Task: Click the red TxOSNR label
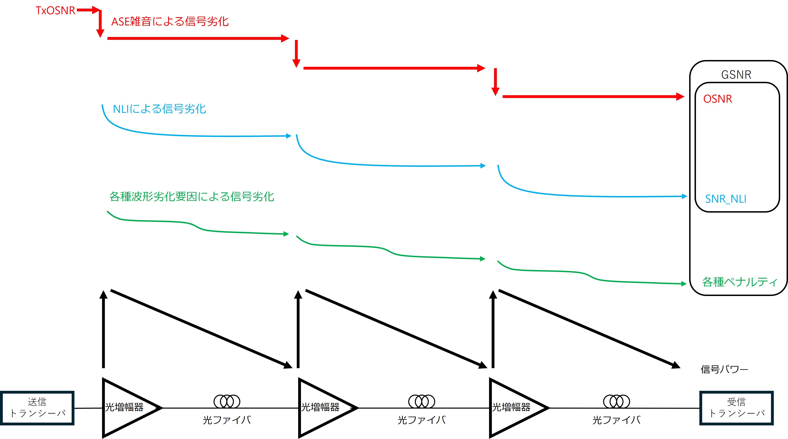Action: [x=55, y=10]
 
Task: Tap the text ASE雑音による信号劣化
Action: [x=170, y=21]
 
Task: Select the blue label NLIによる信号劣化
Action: [x=159, y=109]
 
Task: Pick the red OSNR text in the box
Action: [x=718, y=99]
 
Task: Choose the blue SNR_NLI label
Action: [x=726, y=199]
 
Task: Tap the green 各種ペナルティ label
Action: [x=739, y=282]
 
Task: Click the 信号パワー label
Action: [x=724, y=369]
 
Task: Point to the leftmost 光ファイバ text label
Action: [x=227, y=420]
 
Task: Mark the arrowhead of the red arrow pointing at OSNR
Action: [x=680, y=97]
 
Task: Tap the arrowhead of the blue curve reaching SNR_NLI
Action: [x=685, y=196]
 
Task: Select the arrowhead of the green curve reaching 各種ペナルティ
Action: [x=684, y=284]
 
